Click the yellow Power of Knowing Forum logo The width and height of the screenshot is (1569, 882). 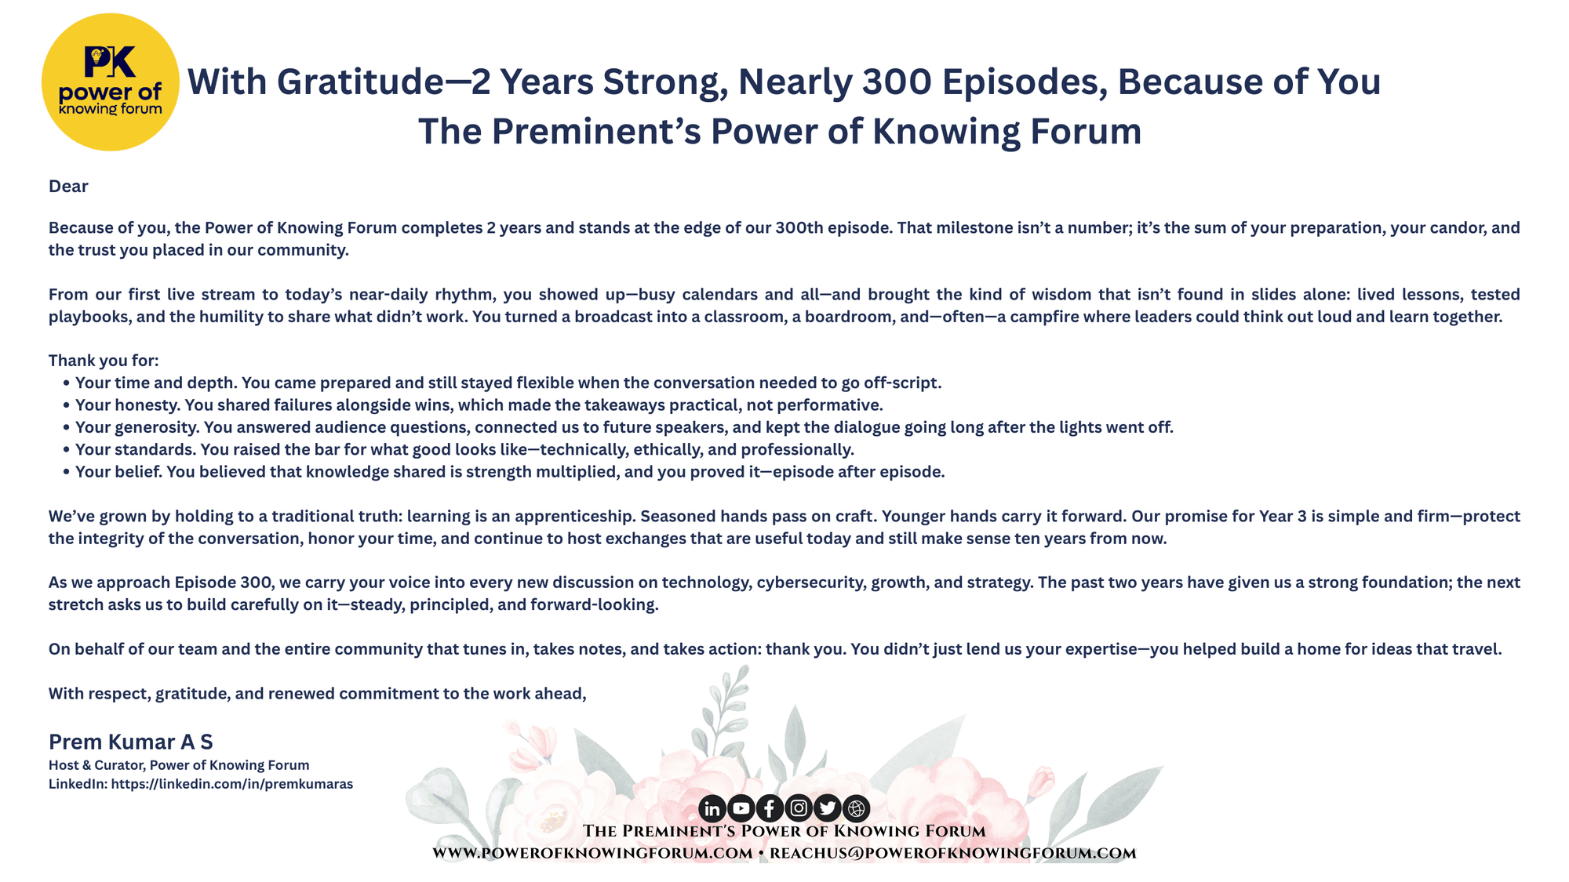tap(111, 82)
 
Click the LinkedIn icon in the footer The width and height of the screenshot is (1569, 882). tap(712, 808)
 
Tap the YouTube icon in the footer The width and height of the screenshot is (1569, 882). tap(741, 808)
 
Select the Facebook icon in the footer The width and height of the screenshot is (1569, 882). tap(770, 808)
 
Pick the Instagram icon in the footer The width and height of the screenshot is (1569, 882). tap(799, 808)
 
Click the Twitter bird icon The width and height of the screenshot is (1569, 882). tap(828, 808)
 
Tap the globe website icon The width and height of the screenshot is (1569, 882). tap(856, 808)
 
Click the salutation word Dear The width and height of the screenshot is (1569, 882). tap(68, 186)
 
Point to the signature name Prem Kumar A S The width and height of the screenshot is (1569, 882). tap(131, 742)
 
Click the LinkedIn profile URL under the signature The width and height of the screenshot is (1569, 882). tap(232, 784)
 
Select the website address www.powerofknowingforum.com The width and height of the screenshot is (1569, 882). tap(592, 853)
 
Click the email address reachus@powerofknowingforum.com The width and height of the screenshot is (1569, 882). tap(953, 853)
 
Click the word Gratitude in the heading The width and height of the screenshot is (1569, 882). tap(361, 82)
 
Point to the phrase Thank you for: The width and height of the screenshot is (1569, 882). tap(104, 361)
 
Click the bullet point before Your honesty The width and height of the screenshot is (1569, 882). tap(67, 405)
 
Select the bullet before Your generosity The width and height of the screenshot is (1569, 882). tap(67, 427)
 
